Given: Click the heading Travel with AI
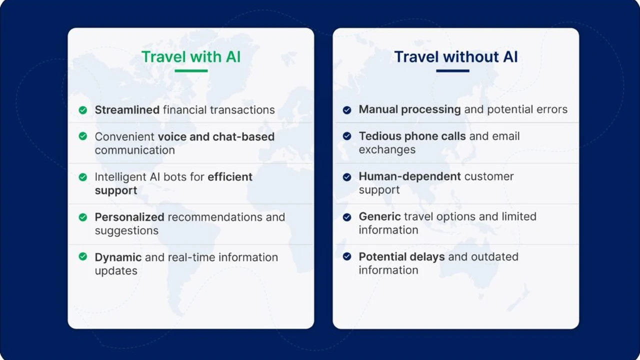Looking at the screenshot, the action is coord(191,56).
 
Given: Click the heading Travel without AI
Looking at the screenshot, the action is coord(455,56).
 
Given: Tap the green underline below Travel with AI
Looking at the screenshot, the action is coord(191,70).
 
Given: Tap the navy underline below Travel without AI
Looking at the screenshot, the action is coord(452,70).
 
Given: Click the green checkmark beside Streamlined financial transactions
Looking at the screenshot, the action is coord(83,110).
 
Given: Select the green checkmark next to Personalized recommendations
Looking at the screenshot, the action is coord(83,217).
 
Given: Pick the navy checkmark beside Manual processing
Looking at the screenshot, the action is coord(347,110).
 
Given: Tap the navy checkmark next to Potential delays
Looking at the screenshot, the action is coord(347,256).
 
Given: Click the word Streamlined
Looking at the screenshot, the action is coord(127,109).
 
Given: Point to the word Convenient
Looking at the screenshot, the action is coord(124,136).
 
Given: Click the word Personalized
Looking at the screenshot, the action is coord(129,217).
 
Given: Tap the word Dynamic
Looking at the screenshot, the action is coord(118,257).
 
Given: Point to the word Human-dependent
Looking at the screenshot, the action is coord(409,176).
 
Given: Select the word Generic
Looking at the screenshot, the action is coord(379,216).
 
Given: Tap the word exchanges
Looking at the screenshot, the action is coord(387,149).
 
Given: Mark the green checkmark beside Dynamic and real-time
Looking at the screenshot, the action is coord(83,256).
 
